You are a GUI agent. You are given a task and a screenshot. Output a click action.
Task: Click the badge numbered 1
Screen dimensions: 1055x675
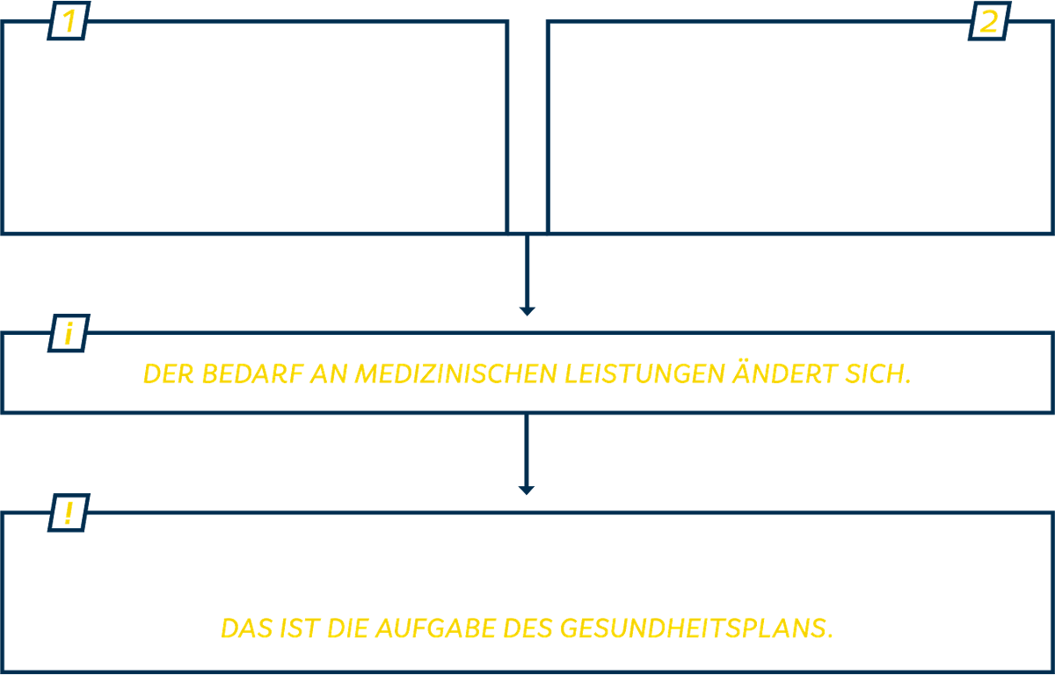69,21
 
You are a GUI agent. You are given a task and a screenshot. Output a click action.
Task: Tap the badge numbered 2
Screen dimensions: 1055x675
990,21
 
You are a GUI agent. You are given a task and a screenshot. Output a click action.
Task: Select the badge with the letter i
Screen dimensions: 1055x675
69,333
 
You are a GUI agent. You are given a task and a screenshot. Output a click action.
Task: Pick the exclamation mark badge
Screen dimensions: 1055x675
69,512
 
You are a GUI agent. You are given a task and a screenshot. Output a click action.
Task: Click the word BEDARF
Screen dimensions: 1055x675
252,374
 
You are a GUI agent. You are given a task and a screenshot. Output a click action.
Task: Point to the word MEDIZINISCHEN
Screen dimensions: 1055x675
456,374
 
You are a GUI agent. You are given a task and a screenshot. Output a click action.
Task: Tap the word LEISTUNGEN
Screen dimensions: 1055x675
644,374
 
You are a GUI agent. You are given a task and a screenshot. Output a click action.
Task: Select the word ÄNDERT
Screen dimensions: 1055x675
785,372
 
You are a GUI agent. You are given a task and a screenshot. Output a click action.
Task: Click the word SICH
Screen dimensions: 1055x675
878,374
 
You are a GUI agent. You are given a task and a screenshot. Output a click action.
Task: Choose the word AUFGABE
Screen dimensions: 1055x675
436,628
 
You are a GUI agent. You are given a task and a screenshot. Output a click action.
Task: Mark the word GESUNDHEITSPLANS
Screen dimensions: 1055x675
696,628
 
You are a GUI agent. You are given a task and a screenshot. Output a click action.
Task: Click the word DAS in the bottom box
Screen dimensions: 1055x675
247,628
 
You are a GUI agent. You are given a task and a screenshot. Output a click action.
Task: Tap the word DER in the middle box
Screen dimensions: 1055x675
169,374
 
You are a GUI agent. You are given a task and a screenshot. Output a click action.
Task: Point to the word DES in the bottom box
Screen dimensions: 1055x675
528,628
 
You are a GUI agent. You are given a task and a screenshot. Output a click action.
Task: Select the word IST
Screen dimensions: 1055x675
301,628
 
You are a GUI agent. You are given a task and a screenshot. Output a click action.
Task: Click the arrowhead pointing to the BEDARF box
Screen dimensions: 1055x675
527,312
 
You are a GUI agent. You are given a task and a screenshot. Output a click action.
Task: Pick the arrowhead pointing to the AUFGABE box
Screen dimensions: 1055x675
526,490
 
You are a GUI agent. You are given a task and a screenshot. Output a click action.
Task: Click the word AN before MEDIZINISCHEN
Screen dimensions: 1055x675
329,374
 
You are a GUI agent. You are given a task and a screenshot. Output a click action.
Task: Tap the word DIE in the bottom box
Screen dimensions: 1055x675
348,628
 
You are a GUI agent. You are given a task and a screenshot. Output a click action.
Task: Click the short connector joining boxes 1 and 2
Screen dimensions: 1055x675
527,233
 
